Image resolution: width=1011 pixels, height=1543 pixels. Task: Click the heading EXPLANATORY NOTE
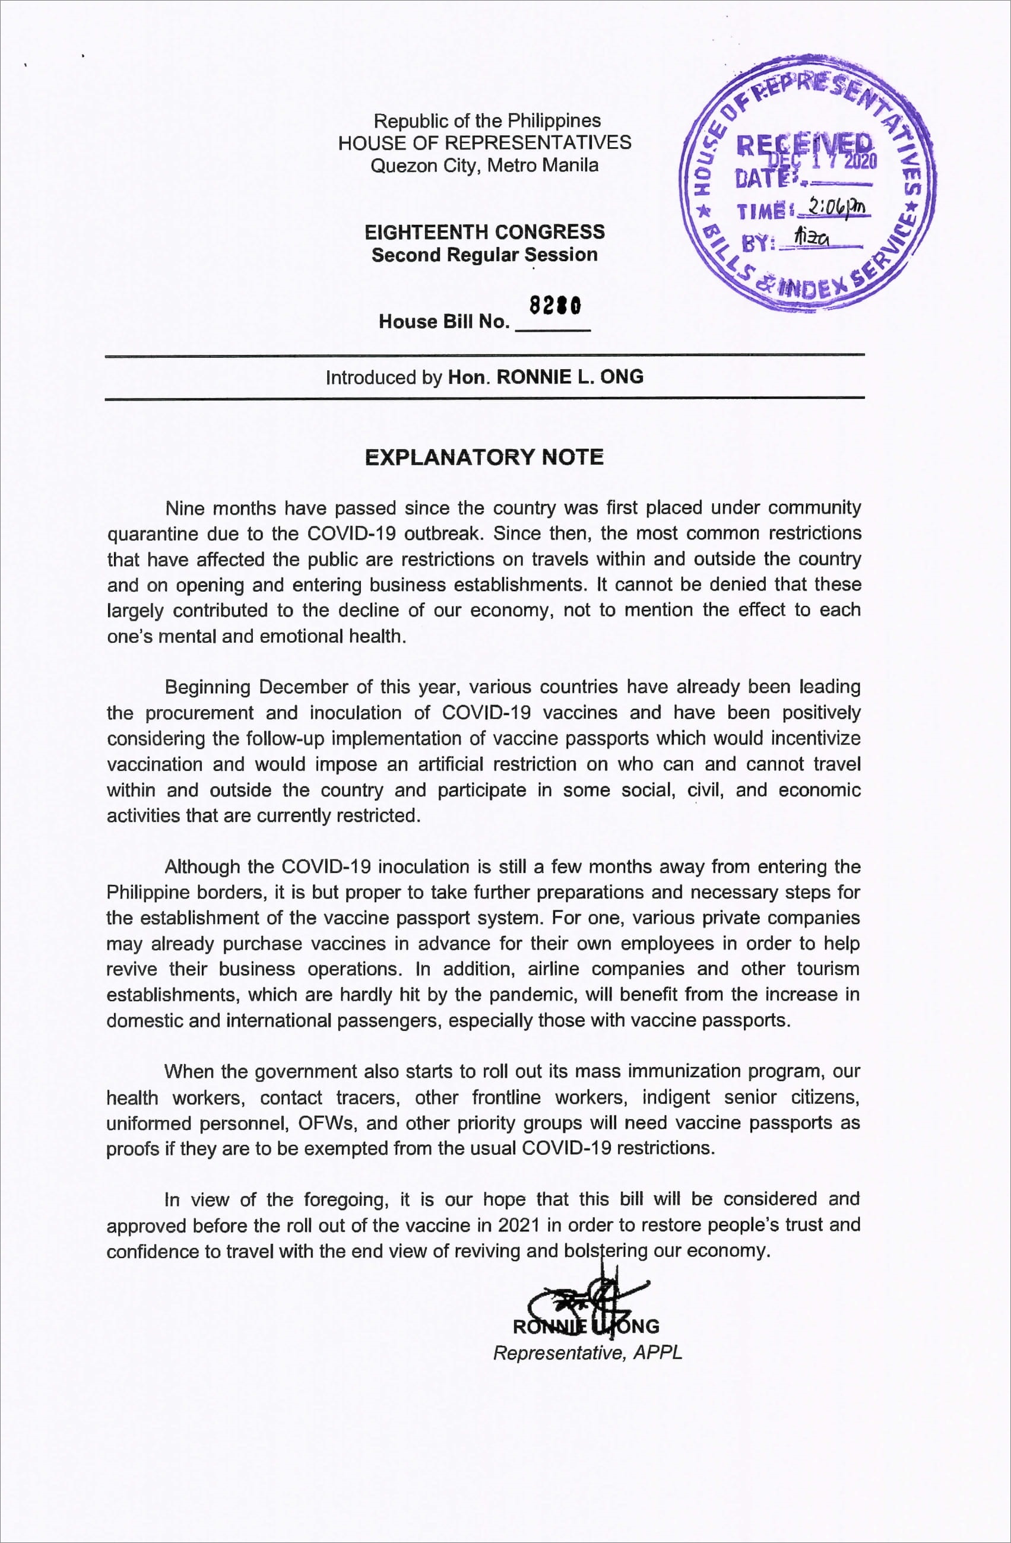pos(484,457)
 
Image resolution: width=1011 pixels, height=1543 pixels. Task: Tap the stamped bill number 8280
pos(554,306)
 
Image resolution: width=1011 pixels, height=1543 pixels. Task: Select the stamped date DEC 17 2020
pos(822,160)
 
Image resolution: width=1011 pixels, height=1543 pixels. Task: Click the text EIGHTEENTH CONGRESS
pos(484,232)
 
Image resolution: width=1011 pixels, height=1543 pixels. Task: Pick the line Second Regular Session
pos(484,255)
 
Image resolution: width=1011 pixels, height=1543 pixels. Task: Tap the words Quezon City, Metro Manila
pos(484,166)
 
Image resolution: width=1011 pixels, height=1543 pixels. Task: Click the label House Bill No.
pos(444,322)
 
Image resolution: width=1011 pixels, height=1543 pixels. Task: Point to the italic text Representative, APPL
pos(587,1353)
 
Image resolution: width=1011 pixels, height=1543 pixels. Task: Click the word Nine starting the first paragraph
pos(185,508)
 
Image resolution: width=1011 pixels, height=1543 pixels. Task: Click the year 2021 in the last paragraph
pos(519,1225)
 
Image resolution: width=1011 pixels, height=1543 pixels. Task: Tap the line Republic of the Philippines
pos(486,120)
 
